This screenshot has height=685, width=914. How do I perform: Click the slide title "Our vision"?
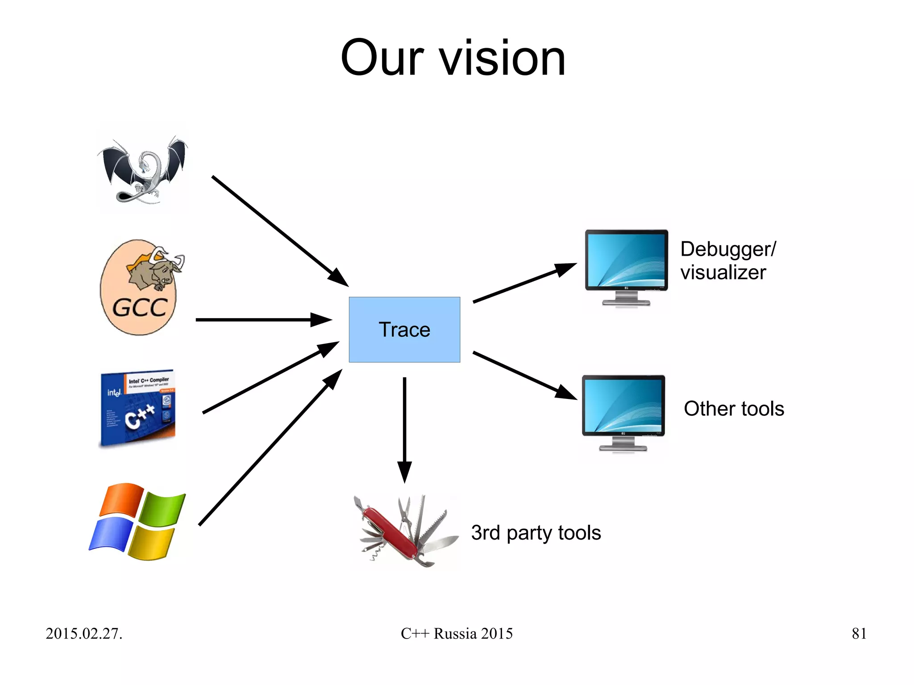[453, 58]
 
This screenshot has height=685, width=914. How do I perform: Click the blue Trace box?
[404, 329]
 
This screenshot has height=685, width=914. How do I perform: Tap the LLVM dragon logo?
[142, 170]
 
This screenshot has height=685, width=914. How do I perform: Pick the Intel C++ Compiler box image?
[138, 407]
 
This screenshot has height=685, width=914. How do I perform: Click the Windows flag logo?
[137, 521]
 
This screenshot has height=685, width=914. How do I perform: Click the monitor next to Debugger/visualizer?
[626, 267]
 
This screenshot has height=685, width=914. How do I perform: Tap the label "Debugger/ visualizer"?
[727, 261]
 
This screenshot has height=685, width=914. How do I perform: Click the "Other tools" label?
[734, 409]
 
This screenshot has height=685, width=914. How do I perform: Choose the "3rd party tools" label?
[536, 533]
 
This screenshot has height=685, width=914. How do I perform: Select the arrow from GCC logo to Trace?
[263, 320]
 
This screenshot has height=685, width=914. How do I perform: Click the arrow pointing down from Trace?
[404, 428]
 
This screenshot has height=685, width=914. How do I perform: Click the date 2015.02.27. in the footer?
[84, 634]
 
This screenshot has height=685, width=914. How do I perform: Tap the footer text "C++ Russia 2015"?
[457, 634]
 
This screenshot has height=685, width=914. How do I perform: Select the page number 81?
[859, 634]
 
